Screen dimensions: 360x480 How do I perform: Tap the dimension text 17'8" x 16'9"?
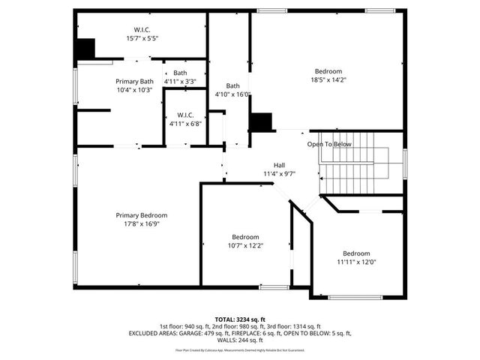pyautogui.click(x=136, y=223)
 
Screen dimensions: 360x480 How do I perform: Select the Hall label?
pyautogui.click(x=279, y=166)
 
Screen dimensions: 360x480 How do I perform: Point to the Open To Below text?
pyautogui.click(x=329, y=144)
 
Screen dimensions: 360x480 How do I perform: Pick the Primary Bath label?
pyautogui.click(x=134, y=82)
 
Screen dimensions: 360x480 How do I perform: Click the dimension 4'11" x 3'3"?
pyautogui.click(x=181, y=81)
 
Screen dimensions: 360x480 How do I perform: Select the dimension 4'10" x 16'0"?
pyautogui.click(x=232, y=94)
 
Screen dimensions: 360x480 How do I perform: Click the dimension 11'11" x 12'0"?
pyautogui.click(x=356, y=262)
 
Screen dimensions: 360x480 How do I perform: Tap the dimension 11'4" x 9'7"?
pyautogui.click(x=279, y=174)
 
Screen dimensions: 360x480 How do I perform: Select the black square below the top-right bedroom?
pyautogui.click(x=260, y=122)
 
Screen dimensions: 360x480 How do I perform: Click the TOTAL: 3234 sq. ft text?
pyautogui.click(x=240, y=319)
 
